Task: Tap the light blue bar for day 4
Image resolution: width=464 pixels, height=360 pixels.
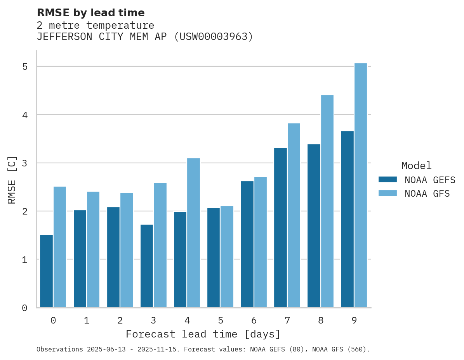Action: click(193, 233)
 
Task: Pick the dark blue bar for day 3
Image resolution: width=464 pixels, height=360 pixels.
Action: click(146, 266)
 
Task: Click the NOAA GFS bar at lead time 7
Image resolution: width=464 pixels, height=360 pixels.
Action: click(294, 215)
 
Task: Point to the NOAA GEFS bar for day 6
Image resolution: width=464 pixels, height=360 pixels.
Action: click(247, 244)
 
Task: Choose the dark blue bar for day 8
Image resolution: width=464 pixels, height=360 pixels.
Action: click(314, 226)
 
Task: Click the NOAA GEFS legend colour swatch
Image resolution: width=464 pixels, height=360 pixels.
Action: click(387, 179)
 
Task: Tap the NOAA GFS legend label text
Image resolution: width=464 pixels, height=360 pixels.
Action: click(427, 194)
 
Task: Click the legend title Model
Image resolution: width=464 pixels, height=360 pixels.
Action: click(416, 166)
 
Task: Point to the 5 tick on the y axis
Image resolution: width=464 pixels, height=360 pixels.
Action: click(24, 67)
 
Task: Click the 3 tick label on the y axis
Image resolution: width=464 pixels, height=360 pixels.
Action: click(24, 163)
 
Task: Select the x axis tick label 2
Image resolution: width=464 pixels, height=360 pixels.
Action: click(120, 320)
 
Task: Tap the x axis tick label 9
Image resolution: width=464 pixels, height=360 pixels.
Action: click(354, 320)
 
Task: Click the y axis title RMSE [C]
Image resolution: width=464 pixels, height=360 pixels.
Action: click(12, 180)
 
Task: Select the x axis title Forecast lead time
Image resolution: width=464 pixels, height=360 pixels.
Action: click(203, 334)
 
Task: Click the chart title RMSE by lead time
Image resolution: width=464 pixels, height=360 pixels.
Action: click(90, 13)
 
